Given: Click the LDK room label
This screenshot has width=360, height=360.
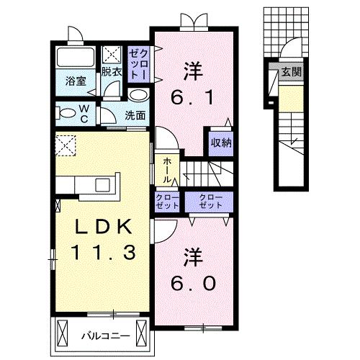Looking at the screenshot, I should [x=101, y=228].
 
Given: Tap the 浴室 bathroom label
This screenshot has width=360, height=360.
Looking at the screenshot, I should [x=76, y=81].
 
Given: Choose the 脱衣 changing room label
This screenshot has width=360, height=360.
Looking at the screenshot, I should [x=111, y=72].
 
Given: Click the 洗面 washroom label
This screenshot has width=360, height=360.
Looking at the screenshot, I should [x=135, y=115].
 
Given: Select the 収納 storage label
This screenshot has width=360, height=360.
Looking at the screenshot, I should [x=220, y=142].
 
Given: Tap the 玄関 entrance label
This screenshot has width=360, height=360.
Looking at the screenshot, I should [x=291, y=72].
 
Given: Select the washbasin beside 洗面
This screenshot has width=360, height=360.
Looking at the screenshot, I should [x=139, y=95].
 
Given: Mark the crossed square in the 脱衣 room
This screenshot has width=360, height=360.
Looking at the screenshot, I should [x=112, y=55].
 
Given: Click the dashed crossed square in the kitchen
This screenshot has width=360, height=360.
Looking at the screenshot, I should [x=66, y=146].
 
